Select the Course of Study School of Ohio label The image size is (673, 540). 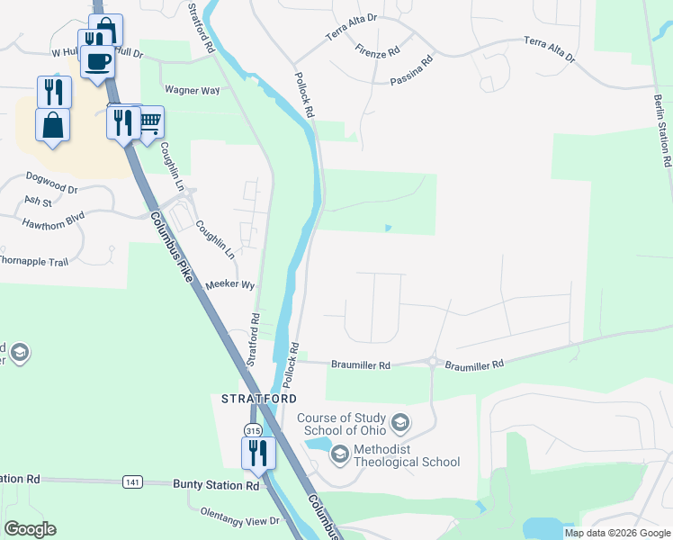343,423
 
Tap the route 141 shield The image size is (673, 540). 132,482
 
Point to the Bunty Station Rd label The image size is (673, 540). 215,485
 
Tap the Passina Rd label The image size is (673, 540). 412,71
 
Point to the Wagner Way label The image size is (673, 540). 193,91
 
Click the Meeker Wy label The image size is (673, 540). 231,284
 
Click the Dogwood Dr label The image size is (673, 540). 52,190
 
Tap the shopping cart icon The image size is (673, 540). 149,120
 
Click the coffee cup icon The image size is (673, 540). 96,61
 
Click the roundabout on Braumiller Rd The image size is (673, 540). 433,364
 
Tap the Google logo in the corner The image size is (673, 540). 30,529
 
